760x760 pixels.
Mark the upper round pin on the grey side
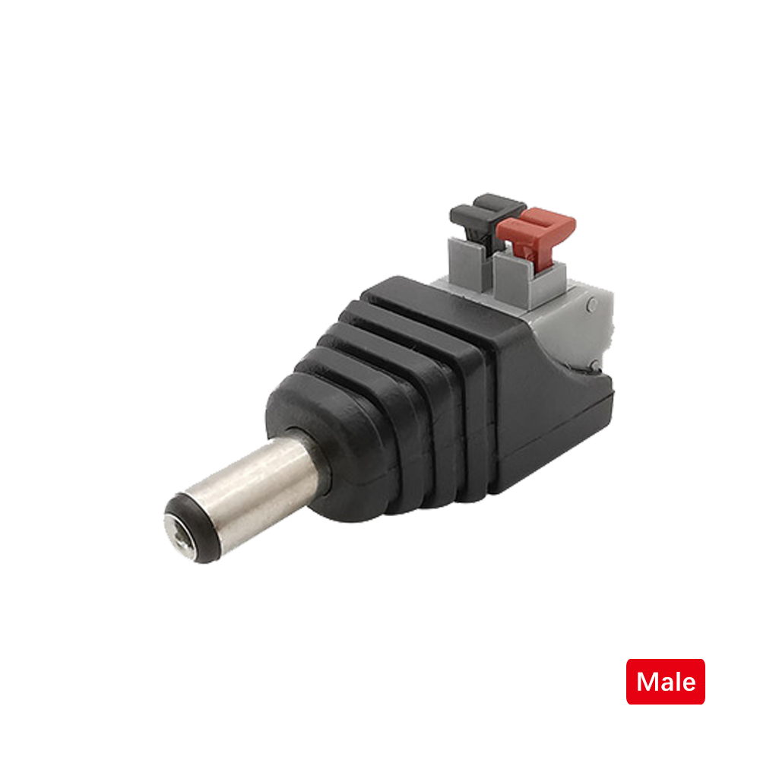pyautogui.click(x=593, y=305)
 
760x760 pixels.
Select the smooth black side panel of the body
pyautogui.click(x=547, y=426)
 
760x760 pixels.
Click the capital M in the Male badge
pyautogui.click(x=648, y=682)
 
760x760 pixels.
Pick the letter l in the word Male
pyautogui.click(x=676, y=681)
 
